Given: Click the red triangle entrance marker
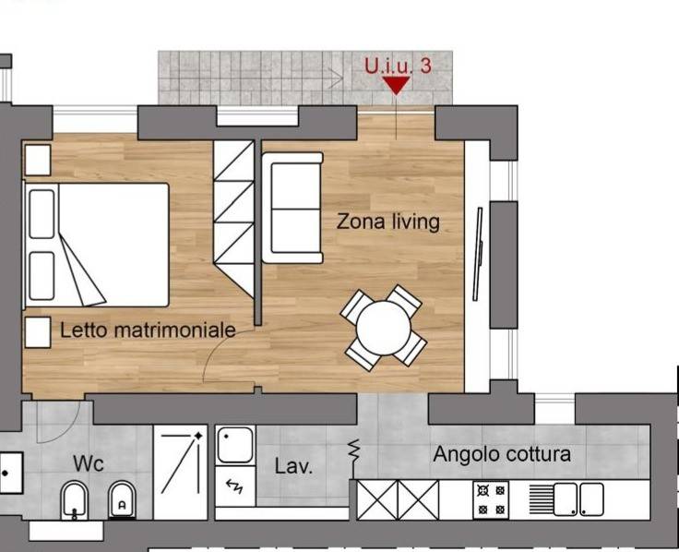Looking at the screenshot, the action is click(x=396, y=85).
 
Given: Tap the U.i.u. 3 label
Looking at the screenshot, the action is click(x=398, y=66).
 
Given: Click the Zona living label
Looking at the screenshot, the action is click(x=388, y=222).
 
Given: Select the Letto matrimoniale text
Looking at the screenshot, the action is click(x=148, y=330).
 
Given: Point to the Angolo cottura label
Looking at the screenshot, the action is click(x=502, y=454).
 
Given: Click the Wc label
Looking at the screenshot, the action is click(x=89, y=463).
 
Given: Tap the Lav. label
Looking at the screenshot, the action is click(x=293, y=466).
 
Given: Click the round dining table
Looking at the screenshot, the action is click(x=383, y=328).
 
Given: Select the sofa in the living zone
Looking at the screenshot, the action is click(x=292, y=208).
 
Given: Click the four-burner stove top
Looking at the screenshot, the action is click(x=491, y=499).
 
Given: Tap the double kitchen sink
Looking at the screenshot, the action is click(x=578, y=499).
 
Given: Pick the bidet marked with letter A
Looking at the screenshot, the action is click(x=122, y=500).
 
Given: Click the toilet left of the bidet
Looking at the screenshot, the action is click(x=75, y=500).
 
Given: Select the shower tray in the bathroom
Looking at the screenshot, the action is click(x=181, y=472).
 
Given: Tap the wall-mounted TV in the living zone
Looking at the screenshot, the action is click(x=478, y=254).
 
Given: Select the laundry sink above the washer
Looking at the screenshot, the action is click(x=235, y=445).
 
